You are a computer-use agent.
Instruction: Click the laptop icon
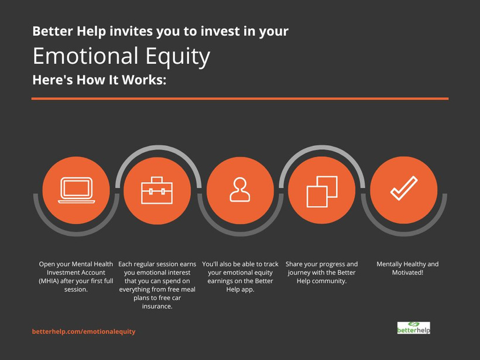pyautogui.click(x=77, y=190)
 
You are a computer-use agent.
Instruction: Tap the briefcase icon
pyautogui.click(x=157, y=190)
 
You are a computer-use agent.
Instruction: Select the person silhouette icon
pyautogui.click(x=240, y=190)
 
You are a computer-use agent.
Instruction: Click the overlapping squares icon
pyautogui.click(x=322, y=191)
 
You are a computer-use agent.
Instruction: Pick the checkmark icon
pyautogui.click(x=404, y=188)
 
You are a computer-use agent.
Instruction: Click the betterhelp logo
pyautogui.click(x=414, y=328)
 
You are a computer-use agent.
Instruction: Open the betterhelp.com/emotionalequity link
pyautogui.click(x=84, y=331)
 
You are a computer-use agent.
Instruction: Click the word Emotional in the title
pyautogui.click(x=85, y=56)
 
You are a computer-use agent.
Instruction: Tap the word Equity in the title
pyautogui.click(x=178, y=57)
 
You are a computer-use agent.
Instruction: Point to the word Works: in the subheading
pyautogui.click(x=144, y=80)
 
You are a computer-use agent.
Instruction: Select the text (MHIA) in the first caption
pyautogui.click(x=49, y=281)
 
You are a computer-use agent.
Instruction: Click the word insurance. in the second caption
pyautogui.click(x=157, y=306)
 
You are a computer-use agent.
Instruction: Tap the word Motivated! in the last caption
pyautogui.click(x=407, y=272)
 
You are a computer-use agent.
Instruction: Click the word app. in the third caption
pyautogui.click(x=248, y=290)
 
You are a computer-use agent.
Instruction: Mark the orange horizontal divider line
pyautogui.click(x=240, y=98)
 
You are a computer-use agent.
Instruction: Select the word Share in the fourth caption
pyautogui.click(x=293, y=264)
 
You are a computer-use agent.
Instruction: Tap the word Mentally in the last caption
pyautogui.click(x=388, y=264)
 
